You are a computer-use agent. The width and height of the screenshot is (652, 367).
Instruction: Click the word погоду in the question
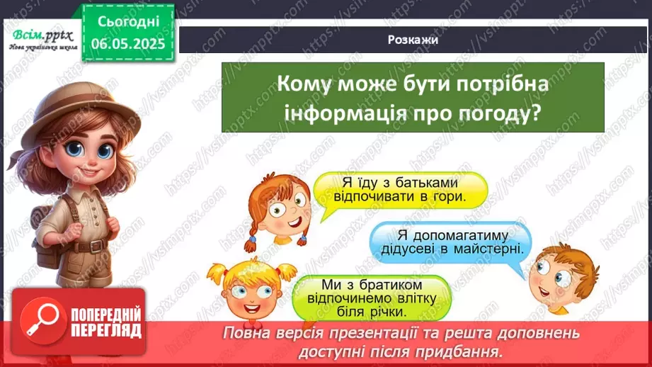coord(501,113)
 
